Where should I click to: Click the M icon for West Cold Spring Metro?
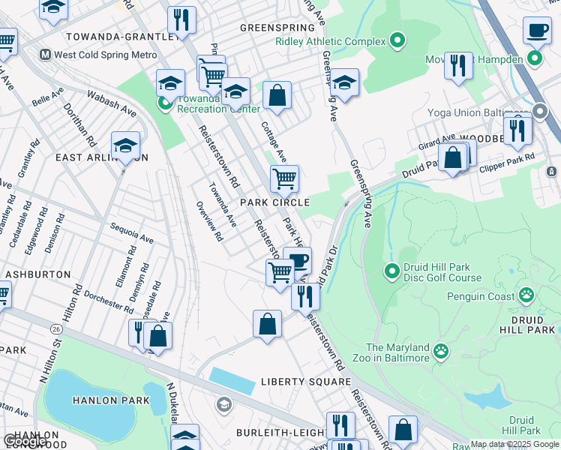[45, 55]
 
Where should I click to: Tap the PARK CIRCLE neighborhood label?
[274, 202]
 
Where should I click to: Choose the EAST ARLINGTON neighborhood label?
[101, 157]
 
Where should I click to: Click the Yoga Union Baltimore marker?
[540, 112]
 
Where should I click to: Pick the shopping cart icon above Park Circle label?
[284, 178]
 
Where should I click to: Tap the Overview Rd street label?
[209, 221]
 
